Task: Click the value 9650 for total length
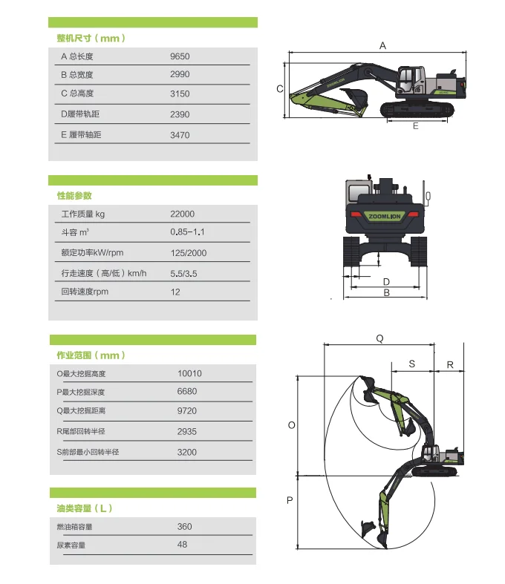(x=180, y=56)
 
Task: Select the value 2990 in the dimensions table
(x=180, y=74)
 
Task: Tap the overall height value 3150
(x=180, y=93)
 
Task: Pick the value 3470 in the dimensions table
(x=180, y=135)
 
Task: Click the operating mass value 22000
(x=182, y=214)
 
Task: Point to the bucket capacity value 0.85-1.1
(x=187, y=233)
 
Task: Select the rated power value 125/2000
(x=189, y=253)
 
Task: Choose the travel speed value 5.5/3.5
(x=184, y=273)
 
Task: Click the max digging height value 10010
(x=189, y=373)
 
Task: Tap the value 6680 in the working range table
(x=187, y=392)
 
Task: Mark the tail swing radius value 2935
(x=187, y=431)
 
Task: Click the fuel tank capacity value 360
(x=184, y=526)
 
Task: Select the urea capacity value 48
(x=182, y=545)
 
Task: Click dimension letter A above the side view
(x=382, y=46)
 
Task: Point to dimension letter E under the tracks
(x=415, y=126)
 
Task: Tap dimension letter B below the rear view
(x=386, y=293)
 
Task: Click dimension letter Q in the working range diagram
(x=379, y=338)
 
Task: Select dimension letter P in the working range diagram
(x=290, y=501)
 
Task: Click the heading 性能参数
(x=74, y=196)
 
